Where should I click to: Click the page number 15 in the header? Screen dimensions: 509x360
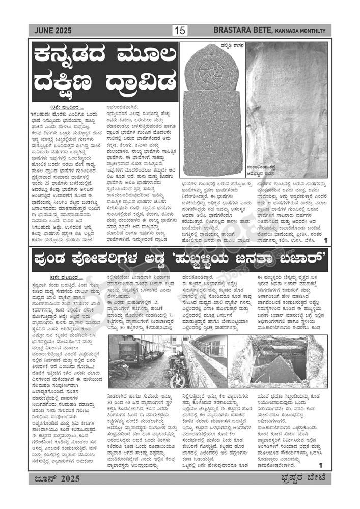(x=180, y=31)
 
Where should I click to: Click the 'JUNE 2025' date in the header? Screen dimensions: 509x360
(x=52, y=31)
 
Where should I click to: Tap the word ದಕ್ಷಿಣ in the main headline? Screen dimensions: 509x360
(x=71, y=81)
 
